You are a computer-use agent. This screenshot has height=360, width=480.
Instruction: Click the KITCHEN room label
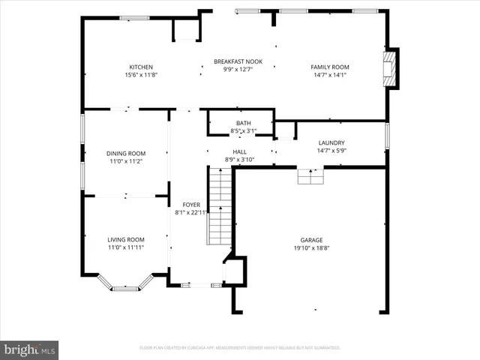point(141,67)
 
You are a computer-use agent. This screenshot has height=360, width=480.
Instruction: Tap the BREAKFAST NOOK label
point(238,61)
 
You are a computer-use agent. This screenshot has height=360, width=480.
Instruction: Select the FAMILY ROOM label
point(330,67)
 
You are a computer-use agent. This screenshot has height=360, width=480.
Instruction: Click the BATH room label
point(243,123)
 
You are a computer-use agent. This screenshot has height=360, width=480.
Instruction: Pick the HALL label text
point(240,151)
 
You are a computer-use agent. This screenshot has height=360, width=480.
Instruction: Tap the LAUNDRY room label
point(331,142)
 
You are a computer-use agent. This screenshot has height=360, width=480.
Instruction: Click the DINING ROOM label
point(125,153)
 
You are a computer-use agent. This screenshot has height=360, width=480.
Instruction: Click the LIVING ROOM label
point(125,239)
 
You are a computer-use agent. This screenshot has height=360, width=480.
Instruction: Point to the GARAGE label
point(311,240)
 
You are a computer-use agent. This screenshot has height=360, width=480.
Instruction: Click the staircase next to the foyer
point(219,206)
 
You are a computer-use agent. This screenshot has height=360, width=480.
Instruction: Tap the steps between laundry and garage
point(310,176)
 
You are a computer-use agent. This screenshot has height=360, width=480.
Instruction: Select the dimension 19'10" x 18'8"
point(311,247)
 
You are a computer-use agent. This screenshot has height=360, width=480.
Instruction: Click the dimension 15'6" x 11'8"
point(141,74)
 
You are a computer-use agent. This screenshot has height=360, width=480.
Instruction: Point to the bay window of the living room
point(125,284)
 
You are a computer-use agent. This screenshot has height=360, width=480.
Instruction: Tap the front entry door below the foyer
point(196,285)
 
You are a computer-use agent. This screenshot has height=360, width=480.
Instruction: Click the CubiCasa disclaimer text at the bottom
point(240,348)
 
